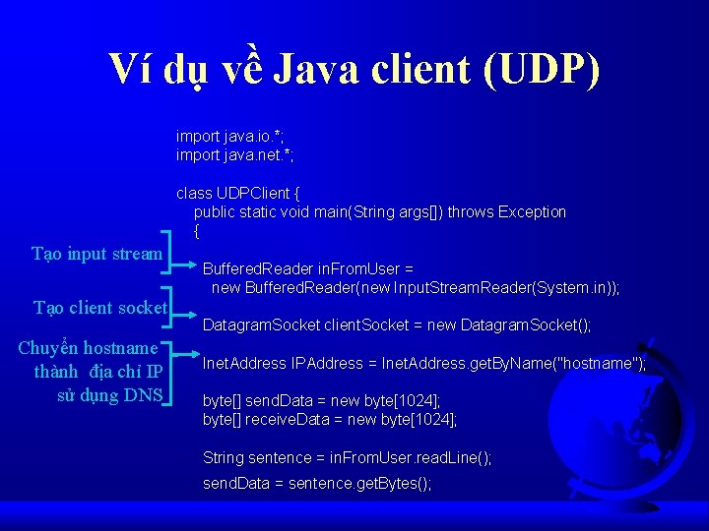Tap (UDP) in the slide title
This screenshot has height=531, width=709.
tap(542, 71)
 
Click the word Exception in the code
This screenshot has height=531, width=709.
tap(533, 211)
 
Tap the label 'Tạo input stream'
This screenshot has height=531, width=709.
tap(97, 254)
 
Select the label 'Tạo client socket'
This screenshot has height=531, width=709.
tap(99, 308)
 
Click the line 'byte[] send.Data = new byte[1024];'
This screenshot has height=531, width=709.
tap(321, 401)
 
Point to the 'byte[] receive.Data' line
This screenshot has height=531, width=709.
tap(329, 420)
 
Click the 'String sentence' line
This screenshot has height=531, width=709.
tap(347, 458)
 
